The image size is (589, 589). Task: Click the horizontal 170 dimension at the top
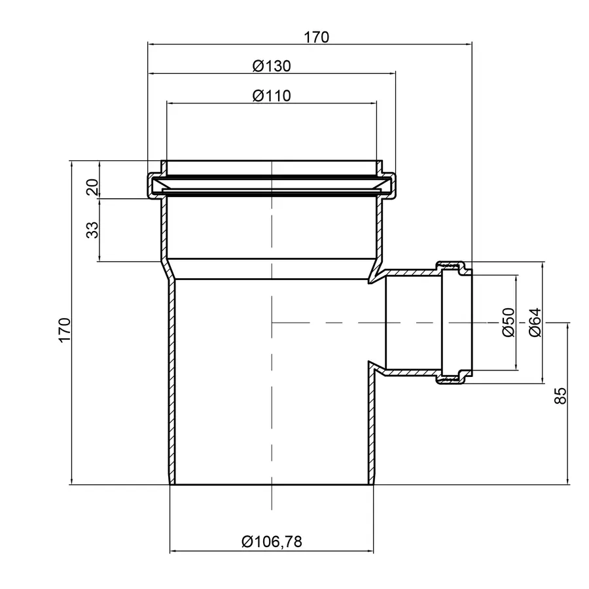pos(316,37)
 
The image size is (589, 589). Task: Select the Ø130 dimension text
pos(271,66)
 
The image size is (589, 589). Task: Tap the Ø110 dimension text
pos(271,96)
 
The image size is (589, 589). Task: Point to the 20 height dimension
pos(92,187)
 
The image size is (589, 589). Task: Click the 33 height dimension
pos(92,230)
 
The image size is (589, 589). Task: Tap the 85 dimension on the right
pos(560,395)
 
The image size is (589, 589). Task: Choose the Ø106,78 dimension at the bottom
pos(271,541)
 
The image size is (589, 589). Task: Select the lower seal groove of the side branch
pos(454,378)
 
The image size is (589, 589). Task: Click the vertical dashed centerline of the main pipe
pos(271,393)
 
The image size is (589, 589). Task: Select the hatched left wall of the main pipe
pos(170,380)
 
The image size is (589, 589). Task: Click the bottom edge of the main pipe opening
pos(271,485)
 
